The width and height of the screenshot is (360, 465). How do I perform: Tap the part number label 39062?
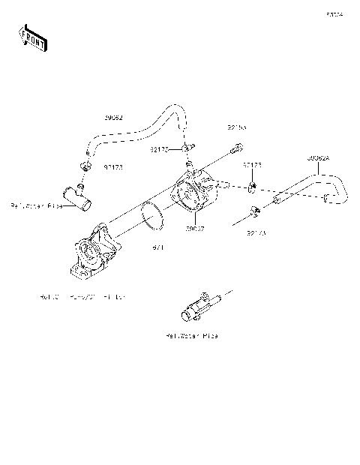(115, 118)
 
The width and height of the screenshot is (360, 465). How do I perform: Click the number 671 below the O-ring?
(159, 247)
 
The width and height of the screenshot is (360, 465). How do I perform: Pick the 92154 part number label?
(236, 127)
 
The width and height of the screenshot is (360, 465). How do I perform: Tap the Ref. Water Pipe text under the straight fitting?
(192, 336)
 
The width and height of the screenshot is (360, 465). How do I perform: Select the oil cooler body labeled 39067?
(196, 197)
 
